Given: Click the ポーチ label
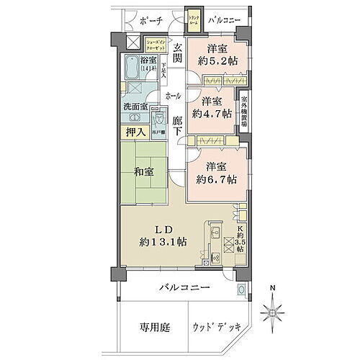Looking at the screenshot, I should coord(152,20).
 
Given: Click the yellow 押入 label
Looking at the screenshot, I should coord(134,132).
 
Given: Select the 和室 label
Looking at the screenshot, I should coord(143,171).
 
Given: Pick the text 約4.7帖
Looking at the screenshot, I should coord(216,113).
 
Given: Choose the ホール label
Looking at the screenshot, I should coord(173,95).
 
